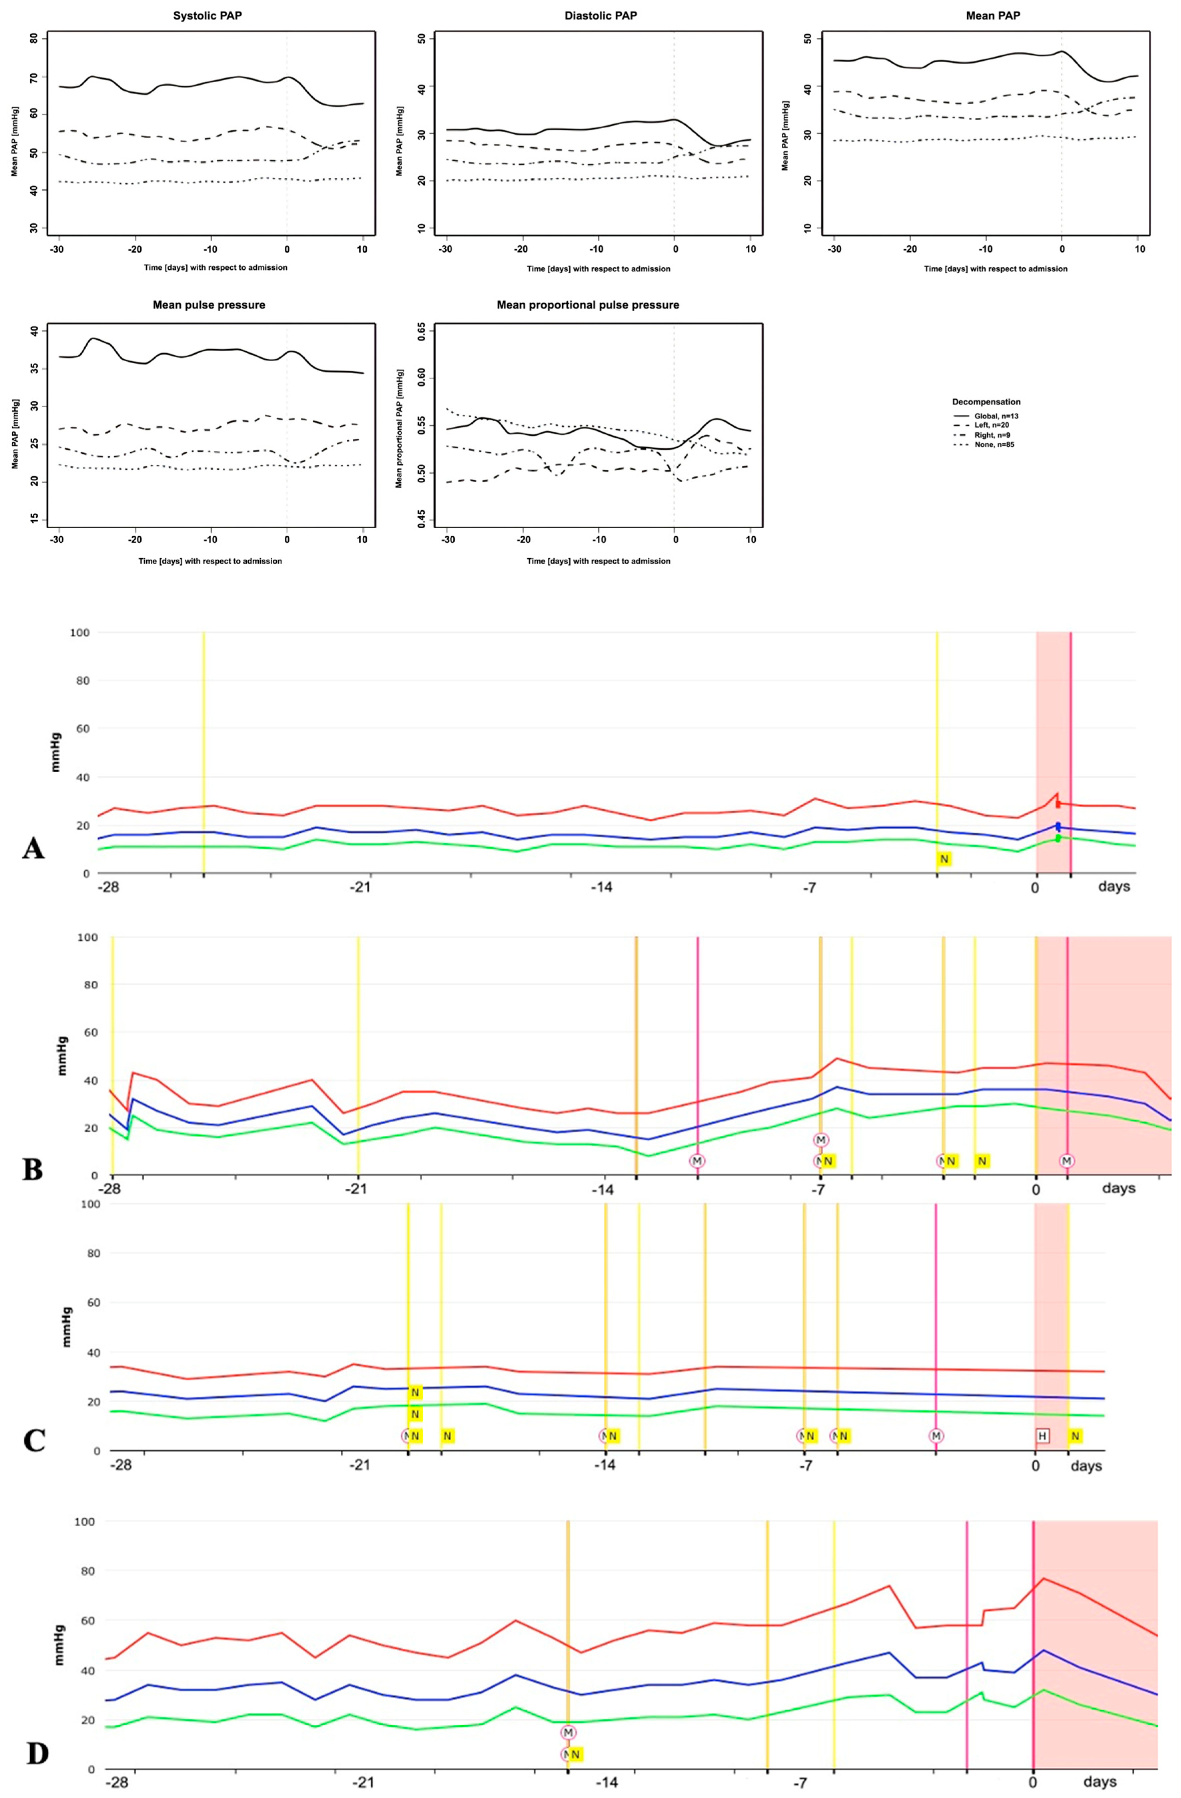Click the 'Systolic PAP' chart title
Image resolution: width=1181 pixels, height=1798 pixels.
coord(208,15)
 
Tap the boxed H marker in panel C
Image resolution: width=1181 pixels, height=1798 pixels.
coord(1042,1435)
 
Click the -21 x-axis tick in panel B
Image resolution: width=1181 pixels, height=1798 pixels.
coord(357,1188)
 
